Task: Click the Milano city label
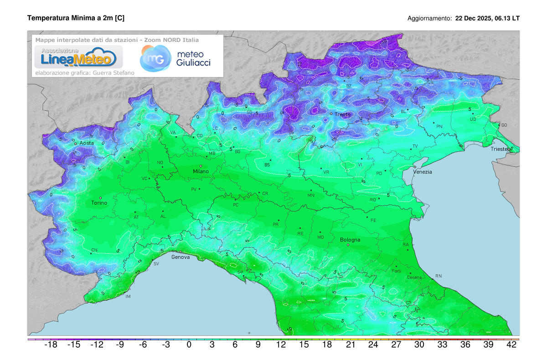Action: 201,171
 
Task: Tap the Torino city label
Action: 99,203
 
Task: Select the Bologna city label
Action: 350,240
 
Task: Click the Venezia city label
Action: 423,172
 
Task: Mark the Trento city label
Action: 343,114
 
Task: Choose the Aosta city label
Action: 87,143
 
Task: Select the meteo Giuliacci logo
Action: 175,58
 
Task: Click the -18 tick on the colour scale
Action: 51,345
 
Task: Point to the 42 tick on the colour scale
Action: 511,345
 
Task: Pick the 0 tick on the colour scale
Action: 189,345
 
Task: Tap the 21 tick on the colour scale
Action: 350,345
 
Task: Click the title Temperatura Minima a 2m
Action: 76,18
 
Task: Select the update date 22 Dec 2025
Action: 474,19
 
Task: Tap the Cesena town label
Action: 414,278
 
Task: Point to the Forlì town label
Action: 396,271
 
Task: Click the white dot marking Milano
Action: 201,166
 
